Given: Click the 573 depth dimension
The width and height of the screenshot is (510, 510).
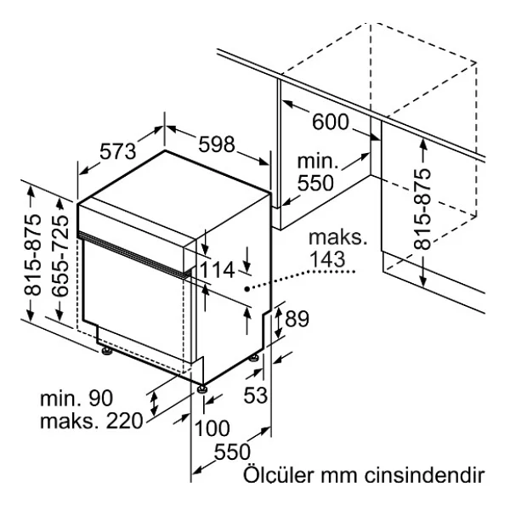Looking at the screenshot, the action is pos(118,151).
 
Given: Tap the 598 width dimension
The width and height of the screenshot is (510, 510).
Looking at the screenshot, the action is pos(216,144).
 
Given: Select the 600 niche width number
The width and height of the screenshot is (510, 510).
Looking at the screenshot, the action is pos(330,122).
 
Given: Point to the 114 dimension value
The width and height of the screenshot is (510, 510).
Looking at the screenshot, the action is pos(217,269).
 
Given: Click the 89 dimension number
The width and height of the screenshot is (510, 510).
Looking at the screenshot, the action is pos(297,319).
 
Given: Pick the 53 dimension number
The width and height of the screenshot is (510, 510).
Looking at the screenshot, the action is pos(256,395).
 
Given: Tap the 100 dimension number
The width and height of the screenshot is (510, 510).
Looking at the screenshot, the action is pos(212,428).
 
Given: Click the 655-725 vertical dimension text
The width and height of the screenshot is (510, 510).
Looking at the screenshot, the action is pos(60,255).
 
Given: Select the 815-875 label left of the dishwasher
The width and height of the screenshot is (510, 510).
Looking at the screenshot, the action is pos(32,255).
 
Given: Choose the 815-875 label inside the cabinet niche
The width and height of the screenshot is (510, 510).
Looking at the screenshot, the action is pos(422,209).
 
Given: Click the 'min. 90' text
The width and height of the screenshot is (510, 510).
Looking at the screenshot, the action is pos(76,398).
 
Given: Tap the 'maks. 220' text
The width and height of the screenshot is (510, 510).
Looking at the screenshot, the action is pos(92,421).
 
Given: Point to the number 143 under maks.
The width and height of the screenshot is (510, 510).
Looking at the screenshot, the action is pos(327,259).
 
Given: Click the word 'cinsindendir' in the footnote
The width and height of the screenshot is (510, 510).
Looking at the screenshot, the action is pos(424,475).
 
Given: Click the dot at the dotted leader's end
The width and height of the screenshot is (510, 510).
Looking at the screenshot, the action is pos(247,288).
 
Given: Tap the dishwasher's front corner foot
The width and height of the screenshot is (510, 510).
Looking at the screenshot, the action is pos(202,388).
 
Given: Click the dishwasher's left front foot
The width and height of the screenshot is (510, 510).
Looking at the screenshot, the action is pos(106,351).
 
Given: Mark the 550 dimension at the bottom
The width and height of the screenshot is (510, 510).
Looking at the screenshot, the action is pos(232,451).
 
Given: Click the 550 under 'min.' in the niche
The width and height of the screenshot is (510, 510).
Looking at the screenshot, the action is pos(315,183).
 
